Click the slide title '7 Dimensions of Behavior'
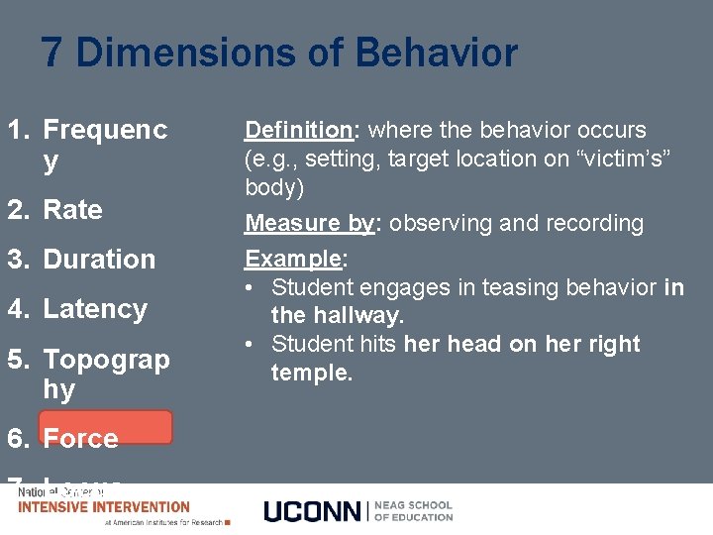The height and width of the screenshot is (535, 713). coord(279,53)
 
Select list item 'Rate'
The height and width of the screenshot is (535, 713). coord(72,210)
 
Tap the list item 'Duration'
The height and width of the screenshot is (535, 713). coord(99,260)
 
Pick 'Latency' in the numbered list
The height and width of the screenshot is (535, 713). coord(95,309)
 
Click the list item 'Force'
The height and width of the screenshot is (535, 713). coord(80,438)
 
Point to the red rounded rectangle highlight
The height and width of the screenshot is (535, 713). coord(105,426)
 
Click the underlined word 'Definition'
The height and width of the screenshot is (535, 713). coord(298,130)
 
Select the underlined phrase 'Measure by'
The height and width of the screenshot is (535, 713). coord(309,224)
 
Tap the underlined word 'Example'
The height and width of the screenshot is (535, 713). coord(293,260)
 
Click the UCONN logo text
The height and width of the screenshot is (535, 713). coord(313,510)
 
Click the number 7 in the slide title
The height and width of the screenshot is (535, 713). coord(52,53)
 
